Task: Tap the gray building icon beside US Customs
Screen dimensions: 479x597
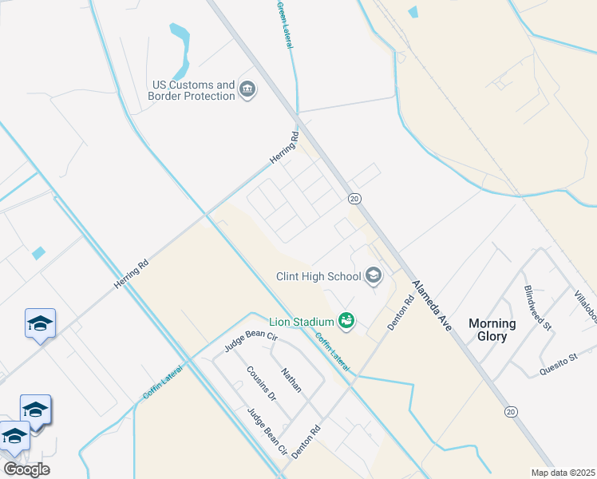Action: pos(247,89)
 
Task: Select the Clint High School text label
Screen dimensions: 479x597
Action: pos(318,276)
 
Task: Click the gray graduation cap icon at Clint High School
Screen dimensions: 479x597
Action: pos(373,276)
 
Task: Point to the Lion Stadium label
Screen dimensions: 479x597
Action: pos(301,321)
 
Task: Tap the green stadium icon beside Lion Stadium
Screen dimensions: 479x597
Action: pos(346,321)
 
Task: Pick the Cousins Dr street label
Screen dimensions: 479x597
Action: pos(261,384)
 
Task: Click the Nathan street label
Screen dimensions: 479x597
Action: pos(291,380)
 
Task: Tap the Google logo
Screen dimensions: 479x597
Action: pos(26,469)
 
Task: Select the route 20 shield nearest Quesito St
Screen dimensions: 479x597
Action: pos(510,411)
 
